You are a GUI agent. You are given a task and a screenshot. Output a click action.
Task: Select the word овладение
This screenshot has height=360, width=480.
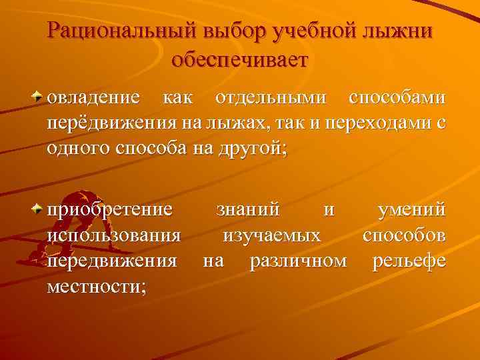pyautogui.click(x=93, y=98)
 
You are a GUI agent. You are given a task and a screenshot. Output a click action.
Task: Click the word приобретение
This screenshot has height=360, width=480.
pyautogui.click(x=110, y=211)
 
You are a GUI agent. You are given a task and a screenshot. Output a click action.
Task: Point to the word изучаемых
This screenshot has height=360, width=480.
pyautogui.click(x=271, y=235)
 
